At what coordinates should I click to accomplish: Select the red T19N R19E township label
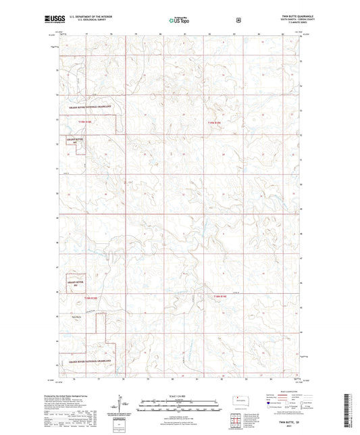(x=213, y=122)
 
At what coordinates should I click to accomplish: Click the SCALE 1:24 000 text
(x=178, y=396)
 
